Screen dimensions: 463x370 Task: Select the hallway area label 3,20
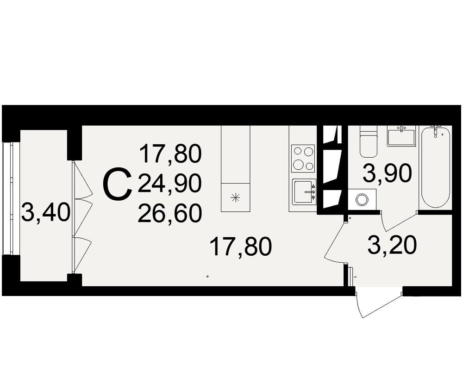coord(393,245)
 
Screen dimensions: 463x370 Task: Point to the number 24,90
coord(169,183)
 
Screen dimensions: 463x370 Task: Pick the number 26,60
coord(169,213)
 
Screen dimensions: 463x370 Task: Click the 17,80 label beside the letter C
coord(171,154)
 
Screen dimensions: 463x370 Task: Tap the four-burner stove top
coord(304,159)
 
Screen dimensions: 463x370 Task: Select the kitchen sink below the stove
coord(304,192)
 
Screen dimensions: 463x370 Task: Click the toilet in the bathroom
coord(369,142)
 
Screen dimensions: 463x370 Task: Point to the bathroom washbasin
coord(401,136)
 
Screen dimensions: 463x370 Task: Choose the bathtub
coord(436,166)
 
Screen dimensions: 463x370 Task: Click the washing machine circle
coord(362,199)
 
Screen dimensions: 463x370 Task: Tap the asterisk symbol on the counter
coord(236,197)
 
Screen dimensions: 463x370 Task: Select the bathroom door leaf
coord(400,221)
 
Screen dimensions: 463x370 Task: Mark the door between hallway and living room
coord(335,240)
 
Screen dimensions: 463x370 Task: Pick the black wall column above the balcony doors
coord(74,143)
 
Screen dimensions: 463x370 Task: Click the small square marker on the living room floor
coord(207,277)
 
